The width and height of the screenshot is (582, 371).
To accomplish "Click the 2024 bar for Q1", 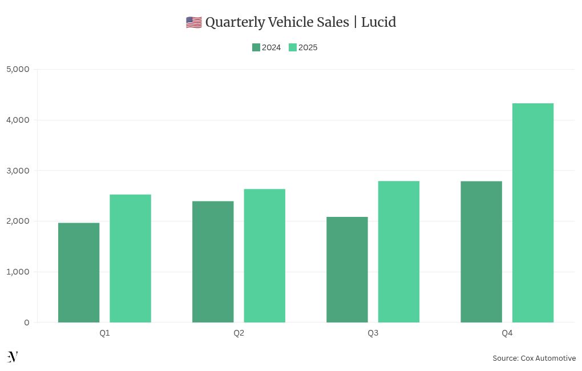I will pyautogui.click(x=79, y=272).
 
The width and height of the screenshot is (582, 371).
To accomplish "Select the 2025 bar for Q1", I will pyautogui.click(x=130, y=258).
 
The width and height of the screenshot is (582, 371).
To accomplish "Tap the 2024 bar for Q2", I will pyautogui.click(x=213, y=261).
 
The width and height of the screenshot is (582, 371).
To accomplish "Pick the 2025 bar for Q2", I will pyautogui.click(x=264, y=255).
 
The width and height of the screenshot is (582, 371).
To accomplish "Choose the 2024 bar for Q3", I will pyautogui.click(x=347, y=269).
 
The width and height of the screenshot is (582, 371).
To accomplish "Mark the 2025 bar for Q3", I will pyautogui.click(x=398, y=251).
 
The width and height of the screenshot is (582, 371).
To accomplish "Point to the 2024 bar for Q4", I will pyautogui.click(x=481, y=251).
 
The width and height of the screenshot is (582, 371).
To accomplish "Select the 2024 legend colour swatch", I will pyautogui.click(x=256, y=47).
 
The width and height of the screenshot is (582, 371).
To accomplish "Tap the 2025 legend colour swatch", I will pyautogui.click(x=293, y=47).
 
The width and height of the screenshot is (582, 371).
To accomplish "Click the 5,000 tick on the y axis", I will pyautogui.click(x=18, y=69).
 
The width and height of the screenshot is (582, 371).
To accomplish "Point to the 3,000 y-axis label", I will pyautogui.click(x=18, y=171).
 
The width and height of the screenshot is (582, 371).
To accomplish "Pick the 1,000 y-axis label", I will pyautogui.click(x=18, y=272).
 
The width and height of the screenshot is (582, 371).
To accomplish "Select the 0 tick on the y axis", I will pyautogui.click(x=27, y=322).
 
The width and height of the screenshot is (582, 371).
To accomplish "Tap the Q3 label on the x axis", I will pyautogui.click(x=373, y=333).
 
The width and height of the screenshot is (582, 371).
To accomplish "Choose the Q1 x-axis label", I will pyautogui.click(x=104, y=333).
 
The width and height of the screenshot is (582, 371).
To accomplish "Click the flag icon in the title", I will pyautogui.click(x=193, y=22).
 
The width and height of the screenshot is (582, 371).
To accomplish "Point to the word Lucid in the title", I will pyautogui.click(x=378, y=22).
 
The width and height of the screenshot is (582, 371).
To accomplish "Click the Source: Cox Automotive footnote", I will pyautogui.click(x=534, y=358).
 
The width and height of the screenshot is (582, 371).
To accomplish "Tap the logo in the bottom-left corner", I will pyautogui.click(x=13, y=357).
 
